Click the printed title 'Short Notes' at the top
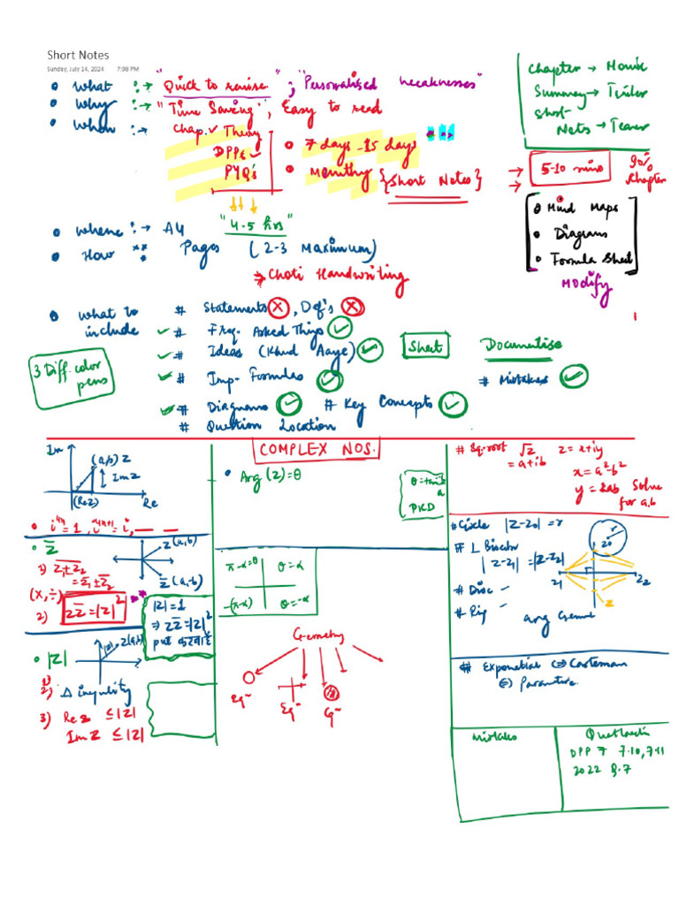78,55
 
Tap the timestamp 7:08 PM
127,68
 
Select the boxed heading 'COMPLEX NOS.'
317,449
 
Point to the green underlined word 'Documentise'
522,345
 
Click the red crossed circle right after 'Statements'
279,308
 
